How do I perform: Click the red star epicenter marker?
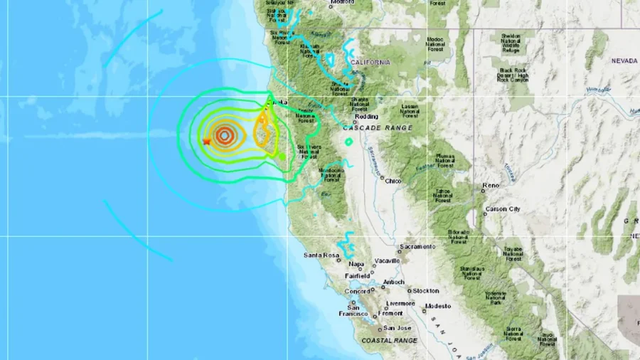pyautogui.click(x=207, y=142)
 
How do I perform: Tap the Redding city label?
pyautogui.click(x=367, y=115)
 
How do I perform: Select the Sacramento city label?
pyautogui.click(x=417, y=247)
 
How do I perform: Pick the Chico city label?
pyautogui.click(x=393, y=181)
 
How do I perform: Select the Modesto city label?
pyautogui.click(x=437, y=306)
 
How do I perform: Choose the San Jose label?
pyautogui.click(x=398, y=328)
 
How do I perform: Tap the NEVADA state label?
pyautogui.click(x=624, y=61)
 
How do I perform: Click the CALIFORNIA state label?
pyautogui.click(x=370, y=62)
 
